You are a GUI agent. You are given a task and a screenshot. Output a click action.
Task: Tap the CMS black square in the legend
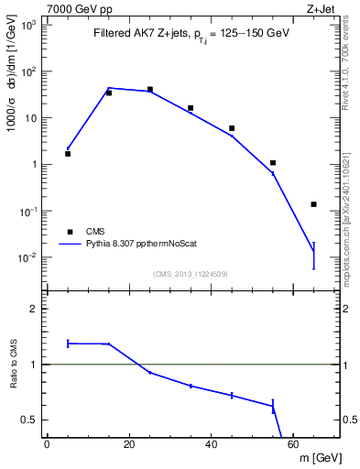point(69,232)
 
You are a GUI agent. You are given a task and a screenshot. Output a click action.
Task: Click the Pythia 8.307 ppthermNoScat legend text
point(142,245)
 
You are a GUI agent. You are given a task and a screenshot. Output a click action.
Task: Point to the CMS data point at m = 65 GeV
point(313,204)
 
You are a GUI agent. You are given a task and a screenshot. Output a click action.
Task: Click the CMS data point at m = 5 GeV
point(68,154)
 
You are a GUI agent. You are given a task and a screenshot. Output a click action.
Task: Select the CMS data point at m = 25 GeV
point(149,90)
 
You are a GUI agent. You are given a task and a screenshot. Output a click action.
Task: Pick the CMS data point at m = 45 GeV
point(232,128)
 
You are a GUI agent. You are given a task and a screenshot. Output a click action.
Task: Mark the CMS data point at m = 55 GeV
point(273,163)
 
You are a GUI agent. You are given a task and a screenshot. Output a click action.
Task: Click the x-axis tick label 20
point(129,445)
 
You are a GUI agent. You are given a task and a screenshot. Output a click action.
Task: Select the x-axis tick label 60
point(293,445)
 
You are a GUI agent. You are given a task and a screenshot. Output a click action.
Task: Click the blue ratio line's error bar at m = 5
point(68,344)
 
